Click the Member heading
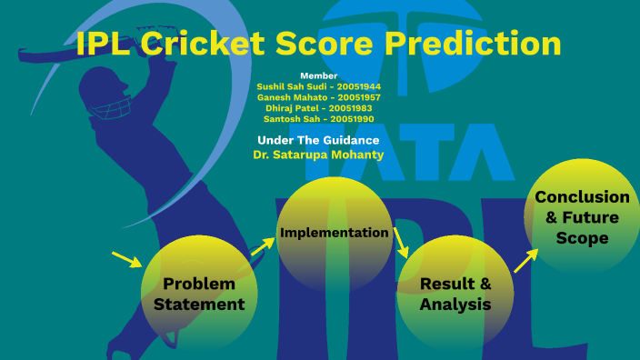point(318,75)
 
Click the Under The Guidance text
point(318,140)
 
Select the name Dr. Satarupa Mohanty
point(318,155)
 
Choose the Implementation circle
point(334,234)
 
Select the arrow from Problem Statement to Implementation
point(262,245)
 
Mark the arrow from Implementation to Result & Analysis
point(401,243)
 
